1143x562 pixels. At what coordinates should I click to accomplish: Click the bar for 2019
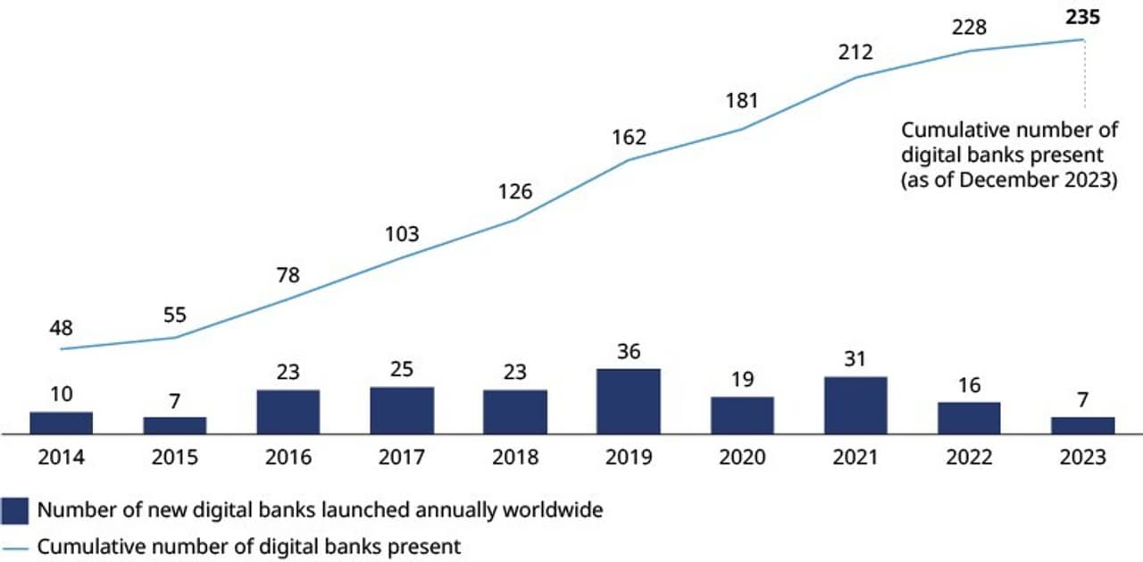pos(629,401)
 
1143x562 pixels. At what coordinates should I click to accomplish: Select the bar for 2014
pos(61,423)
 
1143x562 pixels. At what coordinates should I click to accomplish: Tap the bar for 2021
pos(855,405)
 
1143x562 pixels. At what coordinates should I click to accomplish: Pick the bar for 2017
pos(402,410)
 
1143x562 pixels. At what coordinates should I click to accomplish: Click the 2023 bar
pos(1082,425)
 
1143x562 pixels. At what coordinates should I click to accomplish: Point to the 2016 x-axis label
pos(288,457)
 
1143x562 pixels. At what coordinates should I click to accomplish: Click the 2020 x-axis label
pos(742,457)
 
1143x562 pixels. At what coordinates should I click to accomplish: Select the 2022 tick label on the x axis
pos(969,457)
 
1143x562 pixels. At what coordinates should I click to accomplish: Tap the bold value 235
pos(1082,15)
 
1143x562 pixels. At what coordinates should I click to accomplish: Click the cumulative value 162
pos(629,138)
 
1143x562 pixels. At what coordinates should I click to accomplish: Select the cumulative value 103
pos(402,234)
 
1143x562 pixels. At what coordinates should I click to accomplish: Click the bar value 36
pos(629,351)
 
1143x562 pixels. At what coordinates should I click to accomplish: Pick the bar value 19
pos(742,380)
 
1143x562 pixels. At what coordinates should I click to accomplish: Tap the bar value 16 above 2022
pos(969,385)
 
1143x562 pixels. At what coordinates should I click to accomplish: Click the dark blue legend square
pos(15,510)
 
